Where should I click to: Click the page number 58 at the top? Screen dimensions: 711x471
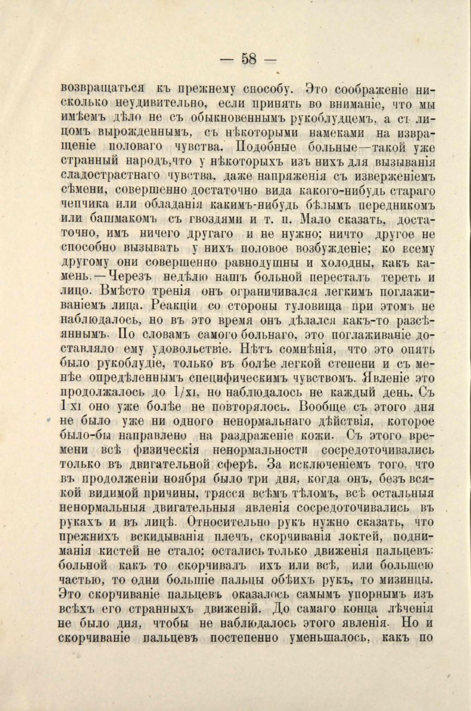click(248, 58)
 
